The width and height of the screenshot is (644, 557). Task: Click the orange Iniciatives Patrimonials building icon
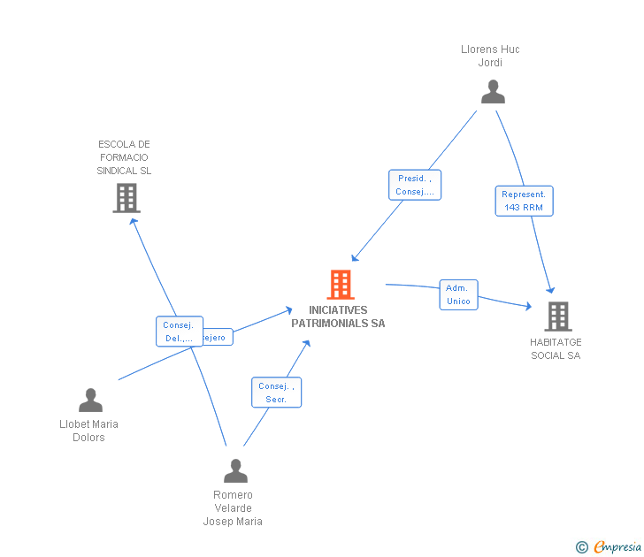[x=341, y=285]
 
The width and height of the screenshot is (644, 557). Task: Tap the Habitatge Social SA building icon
[x=557, y=316]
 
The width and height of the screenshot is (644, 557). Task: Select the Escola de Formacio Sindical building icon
[x=126, y=198]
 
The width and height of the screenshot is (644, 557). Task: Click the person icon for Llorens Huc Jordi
[x=493, y=92]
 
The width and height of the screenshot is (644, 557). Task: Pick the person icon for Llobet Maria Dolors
[x=90, y=401]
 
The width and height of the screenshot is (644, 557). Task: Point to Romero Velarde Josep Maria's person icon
[x=235, y=470]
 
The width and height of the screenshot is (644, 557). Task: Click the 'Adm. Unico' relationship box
[x=458, y=294]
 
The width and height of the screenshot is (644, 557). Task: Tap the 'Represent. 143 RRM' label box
[x=525, y=201]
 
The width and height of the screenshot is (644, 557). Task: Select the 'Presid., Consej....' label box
[x=414, y=185]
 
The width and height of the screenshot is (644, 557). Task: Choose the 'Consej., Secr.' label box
[x=276, y=393]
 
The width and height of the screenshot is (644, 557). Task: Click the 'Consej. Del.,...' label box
[x=179, y=332]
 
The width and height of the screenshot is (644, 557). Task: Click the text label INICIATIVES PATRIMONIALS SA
[x=338, y=317]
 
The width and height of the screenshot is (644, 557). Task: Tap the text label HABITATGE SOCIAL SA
[x=556, y=348]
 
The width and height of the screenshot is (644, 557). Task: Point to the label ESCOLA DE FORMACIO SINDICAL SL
[x=124, y=157]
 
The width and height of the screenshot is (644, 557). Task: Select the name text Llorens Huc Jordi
[x=490, y=56]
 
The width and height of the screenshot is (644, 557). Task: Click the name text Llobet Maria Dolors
[x=88, y=431]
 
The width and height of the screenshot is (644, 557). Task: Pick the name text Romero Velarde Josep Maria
[x=233, y=508]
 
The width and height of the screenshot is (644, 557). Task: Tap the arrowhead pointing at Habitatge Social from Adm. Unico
[x=529, y=307]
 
